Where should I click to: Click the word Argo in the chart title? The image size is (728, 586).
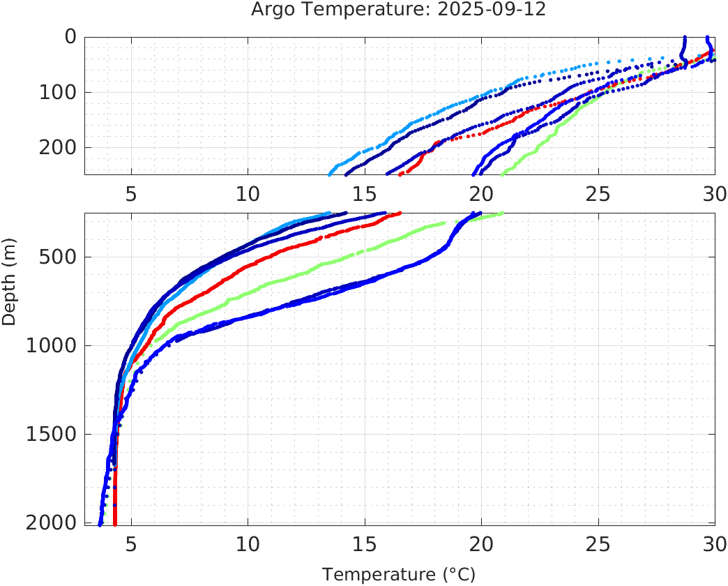pyautogui.click(x=269, y=10)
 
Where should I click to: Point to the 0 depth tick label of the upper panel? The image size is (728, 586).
pyautogui.click(x=70, y=37)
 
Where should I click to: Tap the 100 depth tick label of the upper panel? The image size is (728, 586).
pyautogui.click(x=58, y=92)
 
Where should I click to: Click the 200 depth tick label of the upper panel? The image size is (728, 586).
pyautogui.click(x=58, y=147)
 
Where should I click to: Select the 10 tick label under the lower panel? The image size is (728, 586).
pyautogui.click(x=248, y=543)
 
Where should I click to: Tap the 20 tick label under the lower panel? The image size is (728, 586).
pyautogui.click(x=480, y=543)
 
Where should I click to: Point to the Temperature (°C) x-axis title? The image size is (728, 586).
pyautogui.click(x=399, y=575)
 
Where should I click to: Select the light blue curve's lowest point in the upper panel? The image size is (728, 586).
pyautogui.click(x=331, y=173)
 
